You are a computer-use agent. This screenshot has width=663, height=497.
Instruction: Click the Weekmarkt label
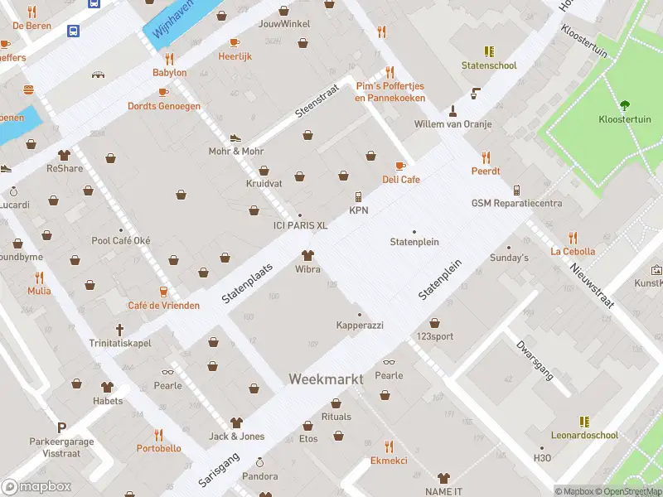click(x=326, y=379)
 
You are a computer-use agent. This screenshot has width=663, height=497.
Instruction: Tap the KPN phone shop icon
click(x=358, y=197)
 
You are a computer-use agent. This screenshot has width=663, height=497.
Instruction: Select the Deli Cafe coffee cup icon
click(x=401, y=166)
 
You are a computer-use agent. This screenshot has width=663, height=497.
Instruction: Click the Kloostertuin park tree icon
click(x=625, y=105)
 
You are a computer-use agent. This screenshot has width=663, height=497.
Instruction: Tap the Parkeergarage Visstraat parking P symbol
click(x=60, y=427)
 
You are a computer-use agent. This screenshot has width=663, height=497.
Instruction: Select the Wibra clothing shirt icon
click(x=307, y=255)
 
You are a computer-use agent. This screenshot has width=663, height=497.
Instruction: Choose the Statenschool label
click(x=489, y=65)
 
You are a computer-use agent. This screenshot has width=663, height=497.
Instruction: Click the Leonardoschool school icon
click(x=584, y=422)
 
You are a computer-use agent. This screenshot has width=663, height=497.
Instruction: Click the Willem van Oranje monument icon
click(x=453, y=110)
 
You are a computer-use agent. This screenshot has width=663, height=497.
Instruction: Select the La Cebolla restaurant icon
click(x=573, y=238)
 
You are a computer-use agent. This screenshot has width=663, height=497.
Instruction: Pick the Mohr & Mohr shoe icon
click(x=235, y=138)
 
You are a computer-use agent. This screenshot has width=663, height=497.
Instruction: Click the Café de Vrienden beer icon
click(x=163, y=292)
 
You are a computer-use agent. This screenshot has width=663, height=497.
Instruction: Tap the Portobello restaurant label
click(x=158, y=448)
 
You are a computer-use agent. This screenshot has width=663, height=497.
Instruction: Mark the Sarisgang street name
click(x=219, y=469)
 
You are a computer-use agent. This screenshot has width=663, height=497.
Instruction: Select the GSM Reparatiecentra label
click(x=516, y=203)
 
